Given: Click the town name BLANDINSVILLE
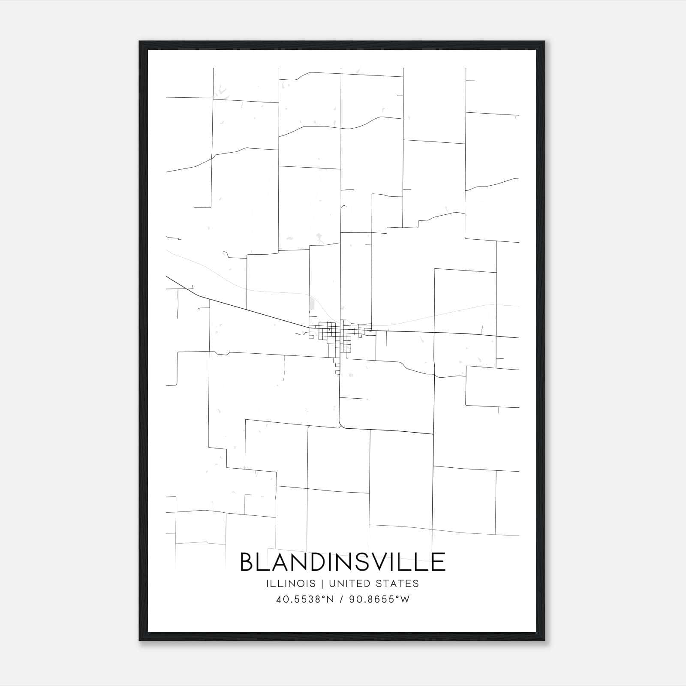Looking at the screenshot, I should pos(343,562).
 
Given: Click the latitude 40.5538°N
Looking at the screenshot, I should pos(305,599).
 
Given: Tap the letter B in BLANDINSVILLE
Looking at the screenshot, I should pos(247,562).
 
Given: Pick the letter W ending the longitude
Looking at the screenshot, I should pos(405,599).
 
